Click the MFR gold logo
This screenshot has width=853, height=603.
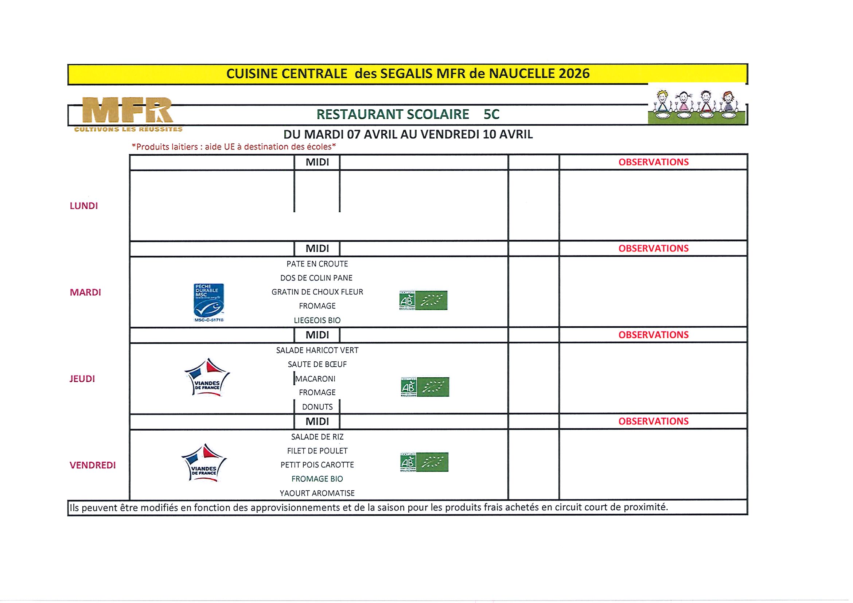[x=128, y=111]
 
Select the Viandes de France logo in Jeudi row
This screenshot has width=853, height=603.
[x=207, y=377]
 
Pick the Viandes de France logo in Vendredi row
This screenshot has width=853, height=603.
[x=204, y=463]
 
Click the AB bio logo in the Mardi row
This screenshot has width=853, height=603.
[x=423, y=300]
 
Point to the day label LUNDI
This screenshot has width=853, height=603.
[x=83, y=206]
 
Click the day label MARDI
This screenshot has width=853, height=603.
[x=85, y=292]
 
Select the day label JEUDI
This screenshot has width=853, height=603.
[x=82, y=379]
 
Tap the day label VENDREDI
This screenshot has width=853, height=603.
[x=93, y=465]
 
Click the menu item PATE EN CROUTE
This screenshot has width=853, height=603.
[x=317, y=264]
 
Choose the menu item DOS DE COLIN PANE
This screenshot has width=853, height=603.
[x=316, y=278]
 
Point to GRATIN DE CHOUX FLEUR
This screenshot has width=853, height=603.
[x=317, y=292]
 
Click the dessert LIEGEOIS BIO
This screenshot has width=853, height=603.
[x=317, y=320]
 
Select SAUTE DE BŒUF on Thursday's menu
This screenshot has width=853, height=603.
[x=317, y=365]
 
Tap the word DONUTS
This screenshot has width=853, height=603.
[x=317, y=407]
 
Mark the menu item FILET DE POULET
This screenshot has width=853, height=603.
[x=317, y=451]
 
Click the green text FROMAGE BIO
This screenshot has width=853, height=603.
[x=317, y=479]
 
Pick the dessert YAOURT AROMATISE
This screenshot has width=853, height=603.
[x=317, y=493]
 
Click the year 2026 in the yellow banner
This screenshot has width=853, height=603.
[x=574, y=74]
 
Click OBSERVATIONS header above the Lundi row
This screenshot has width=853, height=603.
[x=653, y=162]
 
